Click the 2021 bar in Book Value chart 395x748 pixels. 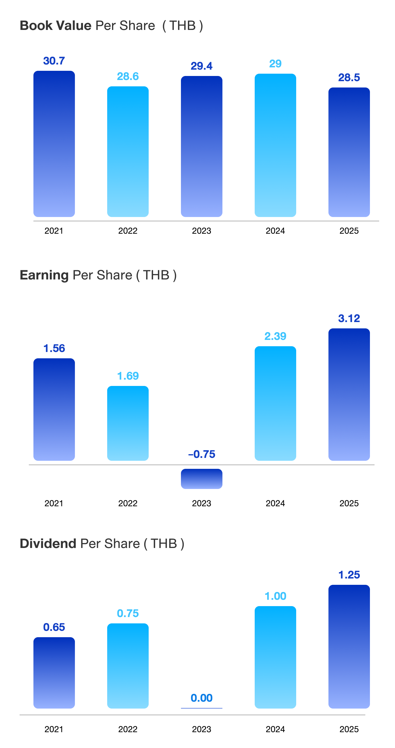coord(54,144)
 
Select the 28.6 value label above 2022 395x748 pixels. coord(128,76)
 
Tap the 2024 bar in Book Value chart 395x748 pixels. coord(275,145)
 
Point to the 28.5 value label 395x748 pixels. coord(349,77)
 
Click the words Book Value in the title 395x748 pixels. coord(56,26)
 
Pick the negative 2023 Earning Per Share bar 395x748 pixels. coord(201,479)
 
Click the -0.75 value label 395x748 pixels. coord(201,454)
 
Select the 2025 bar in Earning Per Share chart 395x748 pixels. coord(349,394)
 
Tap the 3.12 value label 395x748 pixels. coord(349,318)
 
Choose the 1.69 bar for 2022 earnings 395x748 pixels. coord(128,423)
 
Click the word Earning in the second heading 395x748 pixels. coord(44,275)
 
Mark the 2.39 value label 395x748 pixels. coord(275,336)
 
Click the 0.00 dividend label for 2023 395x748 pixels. coord(201,698)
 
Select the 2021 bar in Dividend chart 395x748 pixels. coord(54,673)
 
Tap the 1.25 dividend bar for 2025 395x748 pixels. coord(349,646)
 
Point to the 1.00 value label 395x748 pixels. coord(275,596)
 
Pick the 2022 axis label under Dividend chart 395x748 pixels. coord(128,729)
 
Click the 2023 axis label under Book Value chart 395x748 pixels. coord(201,231)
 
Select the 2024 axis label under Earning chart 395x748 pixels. coord(275,503)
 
